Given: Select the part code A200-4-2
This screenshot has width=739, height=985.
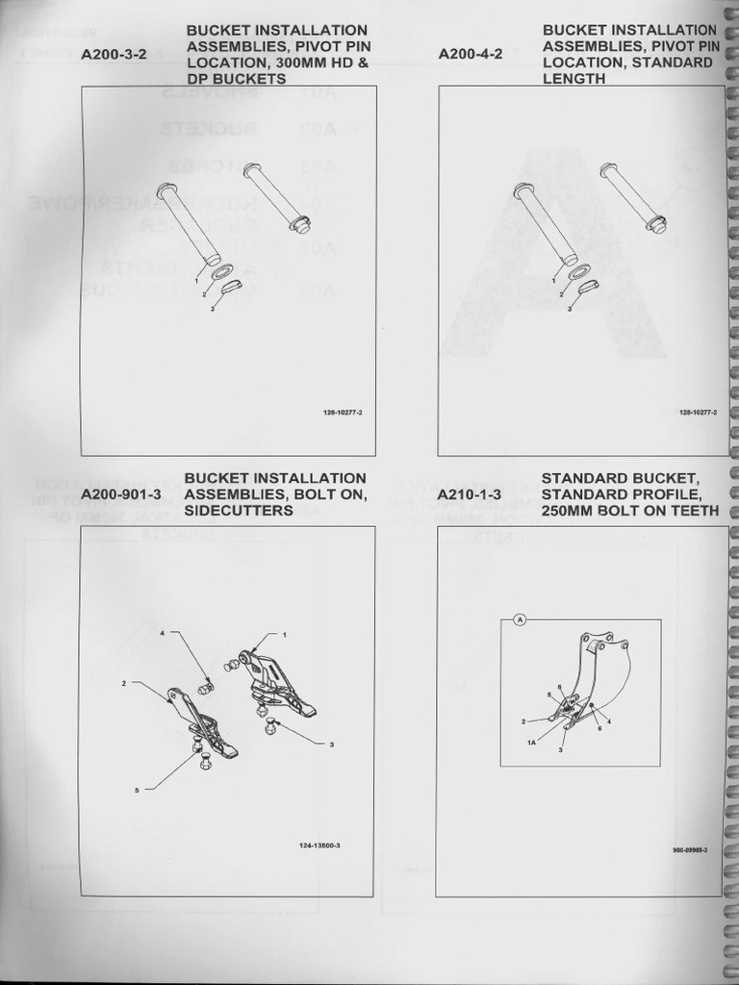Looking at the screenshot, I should pyautogui.click(x=471, y=55).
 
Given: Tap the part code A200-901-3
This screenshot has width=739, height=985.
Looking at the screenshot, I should pyautogui.click(x=121, y=494).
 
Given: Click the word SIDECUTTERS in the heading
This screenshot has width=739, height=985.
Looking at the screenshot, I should pyautogui.click(x=239, y=511).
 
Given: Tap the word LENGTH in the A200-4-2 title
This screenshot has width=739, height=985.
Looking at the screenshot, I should pyautogui.click(x=573, y=79).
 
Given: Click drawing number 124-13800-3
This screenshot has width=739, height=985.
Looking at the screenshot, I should pyautogui.click(x=320, y=846).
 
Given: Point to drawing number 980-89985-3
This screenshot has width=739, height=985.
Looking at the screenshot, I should pyautogui.click(x=690, y=849).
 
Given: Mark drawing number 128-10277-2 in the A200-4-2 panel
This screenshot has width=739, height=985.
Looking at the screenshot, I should pyautogui.click(x=699, y=412).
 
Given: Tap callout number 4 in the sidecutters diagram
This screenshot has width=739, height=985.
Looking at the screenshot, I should pyautogui.click(x=163, y=633).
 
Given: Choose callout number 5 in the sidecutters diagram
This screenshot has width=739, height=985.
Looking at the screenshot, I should pyautogui.click(x=137, y=790).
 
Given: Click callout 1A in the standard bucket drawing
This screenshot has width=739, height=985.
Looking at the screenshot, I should pyautogui.click(x=531, y=743).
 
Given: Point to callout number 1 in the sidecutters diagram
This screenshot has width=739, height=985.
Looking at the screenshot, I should pyautogui.click(x=284, y=635).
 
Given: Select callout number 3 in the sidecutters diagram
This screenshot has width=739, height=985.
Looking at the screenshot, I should pyautogui.click(x=330, y=745).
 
